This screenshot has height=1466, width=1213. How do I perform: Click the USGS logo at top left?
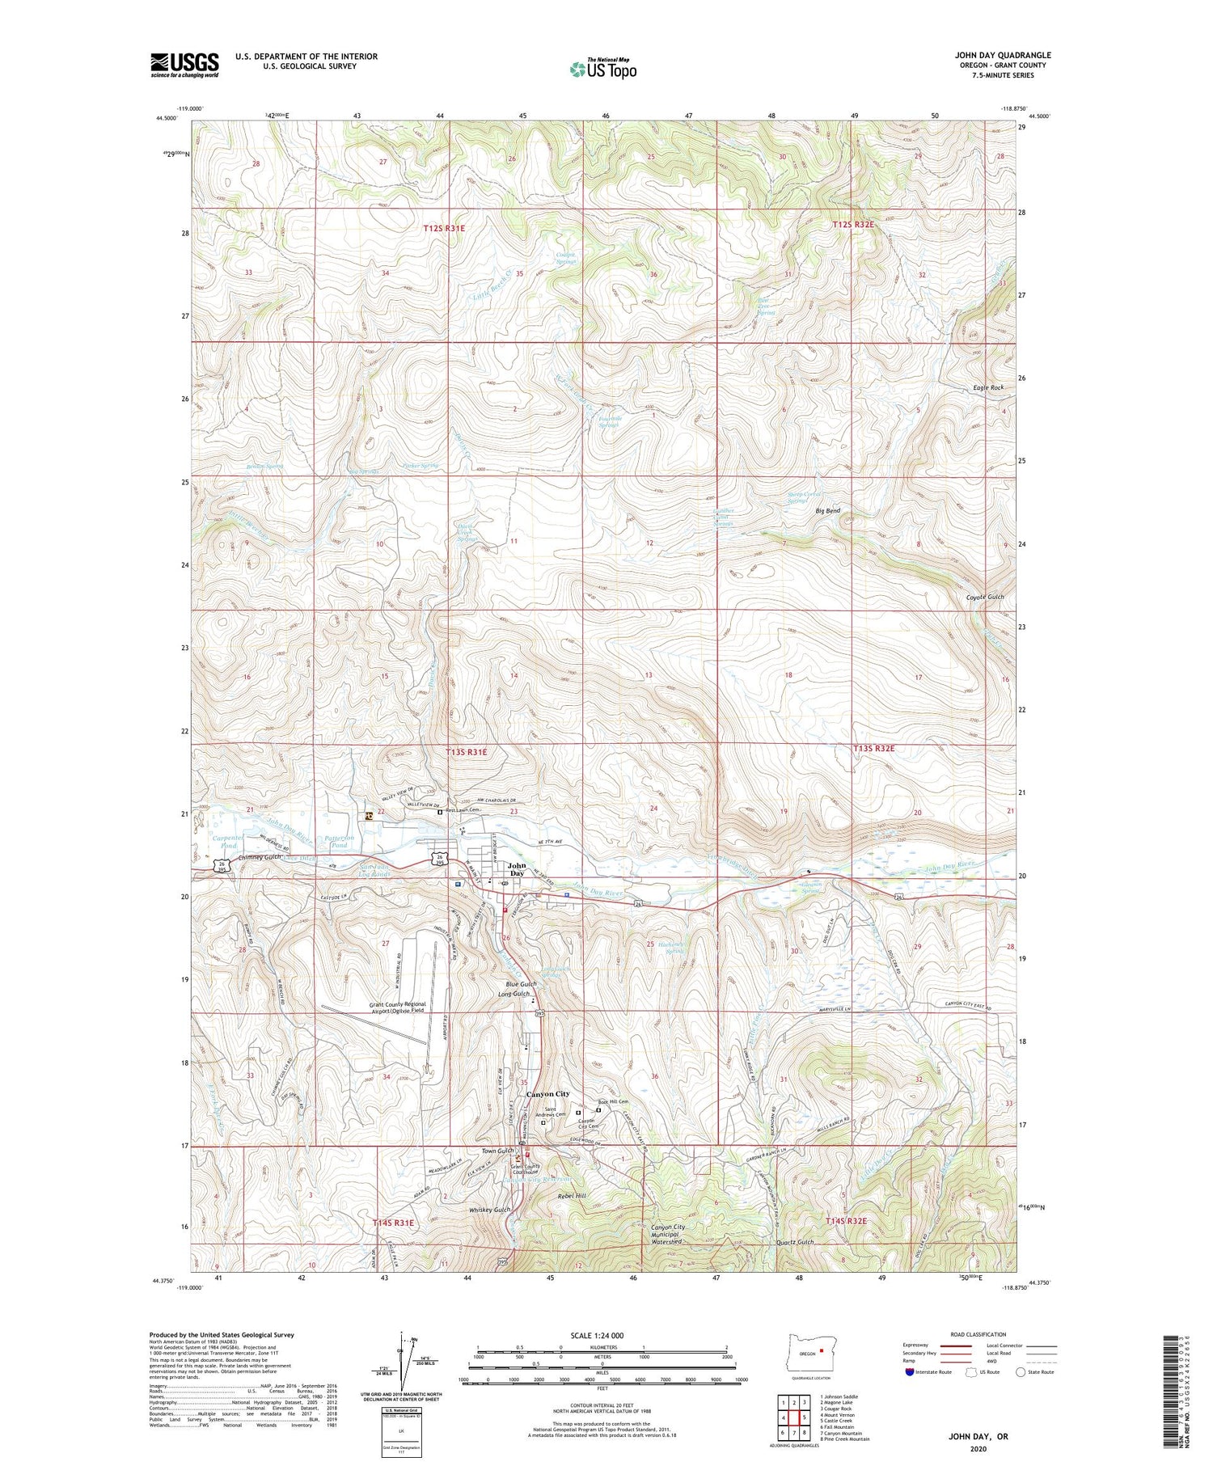click(184, 65)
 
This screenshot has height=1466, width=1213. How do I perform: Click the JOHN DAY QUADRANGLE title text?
click(1003, 55)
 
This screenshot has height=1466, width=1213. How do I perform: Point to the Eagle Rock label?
click(988, 387)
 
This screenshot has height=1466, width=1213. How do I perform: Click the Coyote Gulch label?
click(984, 597)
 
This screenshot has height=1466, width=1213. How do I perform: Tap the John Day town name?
click(516, 868)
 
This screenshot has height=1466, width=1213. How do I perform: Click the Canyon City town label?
click(547, 1093)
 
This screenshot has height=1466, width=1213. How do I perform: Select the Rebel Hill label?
click(571, 1195)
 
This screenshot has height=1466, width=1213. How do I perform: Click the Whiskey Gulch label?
click(489, 1210)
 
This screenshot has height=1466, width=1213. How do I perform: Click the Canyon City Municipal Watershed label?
click(667, 1234)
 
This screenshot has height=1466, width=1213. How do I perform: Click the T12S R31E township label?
click(444, 229)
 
